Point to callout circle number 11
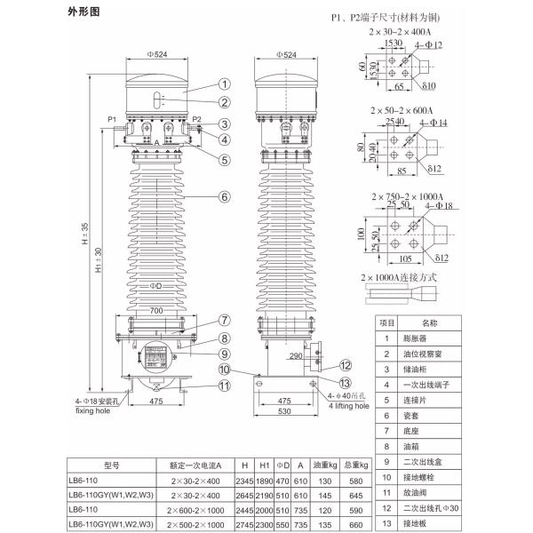(x=226, y=386)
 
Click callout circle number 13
(x=345, y=382)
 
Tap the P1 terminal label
(x=112, y=118)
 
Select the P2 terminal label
(x=197, y=118)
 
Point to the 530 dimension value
(x=286, y=412)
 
